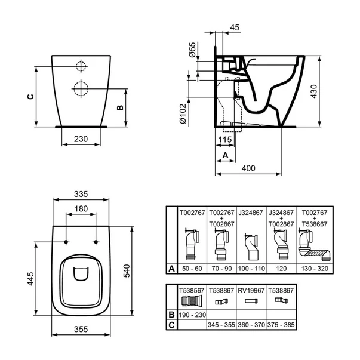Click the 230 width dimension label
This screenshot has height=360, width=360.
click(81, 139)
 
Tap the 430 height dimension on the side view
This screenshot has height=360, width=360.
click(314, 91)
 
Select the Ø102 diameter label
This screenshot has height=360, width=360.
click(183, 114)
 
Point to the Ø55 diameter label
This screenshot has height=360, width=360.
click(192, 50)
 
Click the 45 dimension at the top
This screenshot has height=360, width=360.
click(235, 27)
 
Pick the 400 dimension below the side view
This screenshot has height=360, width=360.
click(248, 168)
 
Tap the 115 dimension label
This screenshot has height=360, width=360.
click(225, 139)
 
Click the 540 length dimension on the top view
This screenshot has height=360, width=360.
click(127, 270)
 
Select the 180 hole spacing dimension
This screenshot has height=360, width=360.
click(81, 209)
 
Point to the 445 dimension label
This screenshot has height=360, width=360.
click(30, 279)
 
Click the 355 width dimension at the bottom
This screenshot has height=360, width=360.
click(81, 329)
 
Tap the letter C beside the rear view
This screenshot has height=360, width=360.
click(30, 97)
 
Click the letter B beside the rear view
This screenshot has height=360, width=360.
click(120, 107)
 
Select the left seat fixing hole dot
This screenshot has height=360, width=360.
click(66, 242)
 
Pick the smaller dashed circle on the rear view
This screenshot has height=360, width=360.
click(81, 66)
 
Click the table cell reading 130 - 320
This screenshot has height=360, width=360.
click(315, 269)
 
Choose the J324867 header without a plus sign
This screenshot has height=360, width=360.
click(251, 213)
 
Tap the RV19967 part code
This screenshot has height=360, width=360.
click(251, 291)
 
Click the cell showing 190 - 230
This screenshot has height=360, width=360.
click(192, 315)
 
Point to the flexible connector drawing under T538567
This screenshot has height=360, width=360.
click(192, 300)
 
